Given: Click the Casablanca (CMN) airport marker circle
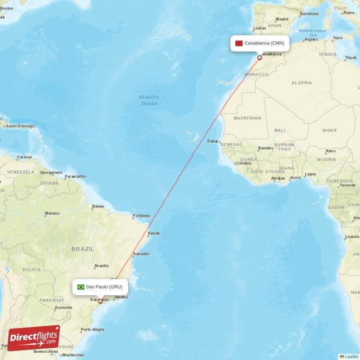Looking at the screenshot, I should [260, 58].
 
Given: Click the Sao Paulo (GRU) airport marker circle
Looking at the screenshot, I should [100, 301].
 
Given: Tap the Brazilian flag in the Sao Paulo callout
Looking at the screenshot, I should [81, 287].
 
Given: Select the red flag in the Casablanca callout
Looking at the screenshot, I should [239, 43].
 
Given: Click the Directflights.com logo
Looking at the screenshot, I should [34, 338].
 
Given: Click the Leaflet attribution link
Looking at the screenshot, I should [351, 356].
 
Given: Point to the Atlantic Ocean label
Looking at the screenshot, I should [149, 100].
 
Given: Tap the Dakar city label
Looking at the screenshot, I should [213, 141].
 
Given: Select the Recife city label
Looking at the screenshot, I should [154, 233].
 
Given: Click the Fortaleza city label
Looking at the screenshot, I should [141, 216].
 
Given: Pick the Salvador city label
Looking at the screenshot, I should [141, 254].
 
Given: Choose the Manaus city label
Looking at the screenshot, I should [52, 213].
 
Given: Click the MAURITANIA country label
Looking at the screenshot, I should [247, 118].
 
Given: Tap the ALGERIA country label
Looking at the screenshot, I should [301, 83].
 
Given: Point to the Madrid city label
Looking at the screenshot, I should [282, 19].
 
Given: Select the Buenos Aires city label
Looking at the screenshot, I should [46, 351].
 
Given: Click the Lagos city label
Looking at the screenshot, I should [310, 174].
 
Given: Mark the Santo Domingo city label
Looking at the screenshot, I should [20, 126].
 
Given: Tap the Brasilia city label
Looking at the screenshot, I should [102, 266].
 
